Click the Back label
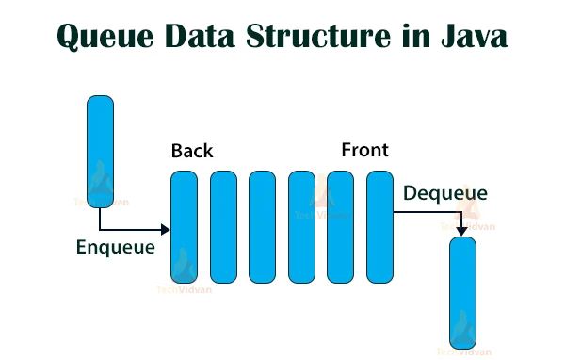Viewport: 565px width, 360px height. click(x=192, y=151)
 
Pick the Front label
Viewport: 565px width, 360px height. click(x=364, y=150)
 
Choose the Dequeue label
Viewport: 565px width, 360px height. click(x=445, y=194)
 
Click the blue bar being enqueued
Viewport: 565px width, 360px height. click(x=100, y=151)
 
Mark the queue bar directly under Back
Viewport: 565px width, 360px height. click(x=184, y=226)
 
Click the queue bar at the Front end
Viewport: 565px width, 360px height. click(x=379, y=226)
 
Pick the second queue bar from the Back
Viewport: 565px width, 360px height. click(x=223, y=226)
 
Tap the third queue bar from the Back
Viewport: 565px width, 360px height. click(x=262, y=226)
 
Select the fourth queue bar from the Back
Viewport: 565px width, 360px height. click(x=301, y=226)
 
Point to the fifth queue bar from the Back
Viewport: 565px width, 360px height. click(x=340, y=226)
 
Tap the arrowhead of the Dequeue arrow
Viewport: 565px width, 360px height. click(x=461, y=231)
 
